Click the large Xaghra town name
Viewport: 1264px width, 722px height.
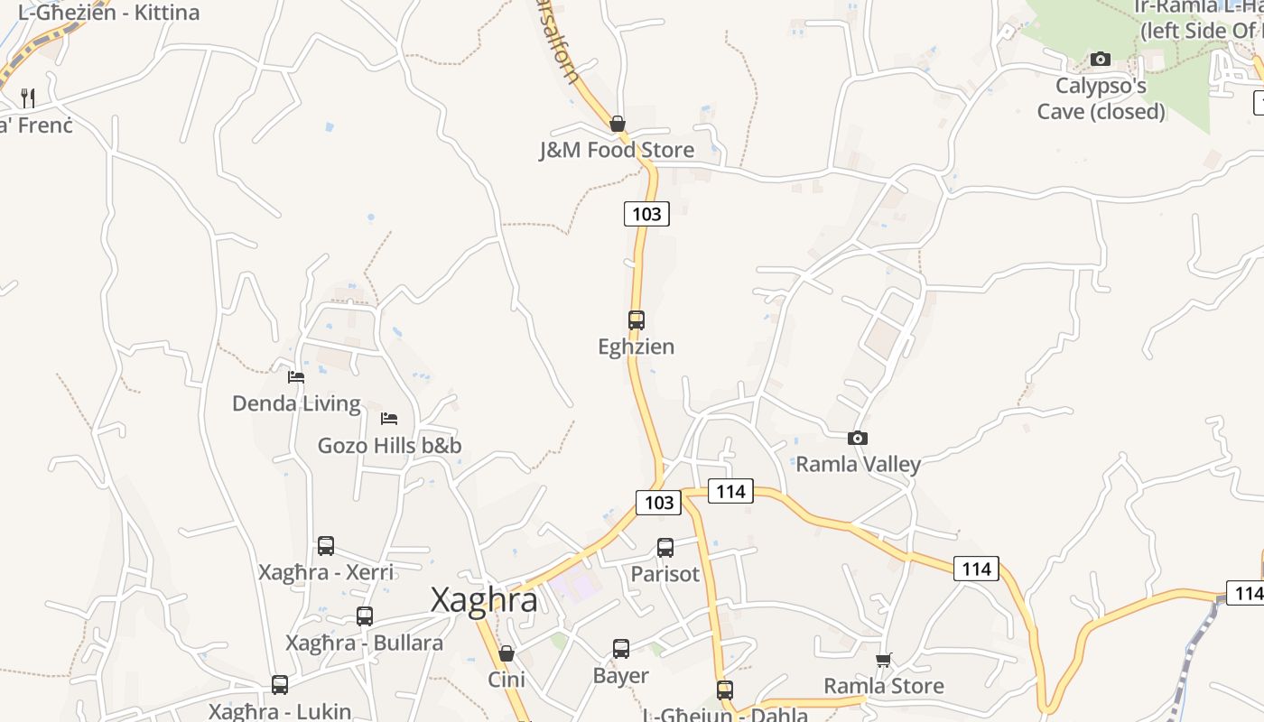point(484,599)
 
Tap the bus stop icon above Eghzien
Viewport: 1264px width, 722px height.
point(637,319)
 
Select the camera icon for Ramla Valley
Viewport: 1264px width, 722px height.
point(858,438)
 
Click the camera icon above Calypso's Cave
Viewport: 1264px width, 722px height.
point(1101,60)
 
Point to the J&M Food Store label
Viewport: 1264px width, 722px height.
point(617,150)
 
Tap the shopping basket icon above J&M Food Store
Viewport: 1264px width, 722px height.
point(618,123)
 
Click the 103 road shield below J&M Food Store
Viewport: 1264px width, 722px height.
point(646,214)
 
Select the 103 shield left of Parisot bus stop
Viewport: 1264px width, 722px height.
point(658,503)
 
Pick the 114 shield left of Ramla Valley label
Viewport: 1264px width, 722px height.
point(730,491)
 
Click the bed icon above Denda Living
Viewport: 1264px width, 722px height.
point(296,376)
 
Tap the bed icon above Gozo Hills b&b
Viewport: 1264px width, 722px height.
point(389,418)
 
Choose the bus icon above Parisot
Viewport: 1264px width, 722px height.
point(665,547)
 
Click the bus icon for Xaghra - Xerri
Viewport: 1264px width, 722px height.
point(326,545)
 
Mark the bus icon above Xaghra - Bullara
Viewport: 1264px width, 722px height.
point(365,616)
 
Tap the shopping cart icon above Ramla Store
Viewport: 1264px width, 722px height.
point(884,660)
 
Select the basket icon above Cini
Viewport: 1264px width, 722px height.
point(507,653)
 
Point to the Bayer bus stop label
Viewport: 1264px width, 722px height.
point(620,675)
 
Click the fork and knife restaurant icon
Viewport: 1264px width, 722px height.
point(29,97)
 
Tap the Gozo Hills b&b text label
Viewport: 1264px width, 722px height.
point(389,445)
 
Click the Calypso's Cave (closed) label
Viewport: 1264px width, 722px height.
point(1101,98)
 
